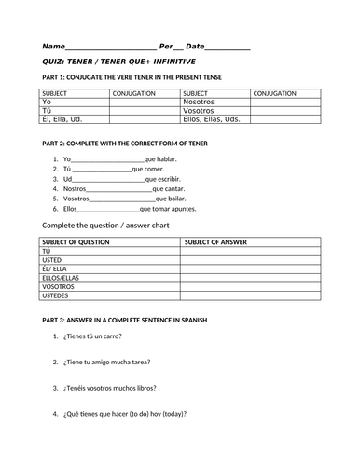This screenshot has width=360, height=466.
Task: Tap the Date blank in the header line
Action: pyautogui.click(x=228, y=47)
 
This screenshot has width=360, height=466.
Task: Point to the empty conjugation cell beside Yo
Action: pyautogui.click(x=145, y=102)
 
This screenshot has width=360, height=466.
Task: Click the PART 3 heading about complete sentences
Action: pyautogui.click(x=124, y=320)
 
